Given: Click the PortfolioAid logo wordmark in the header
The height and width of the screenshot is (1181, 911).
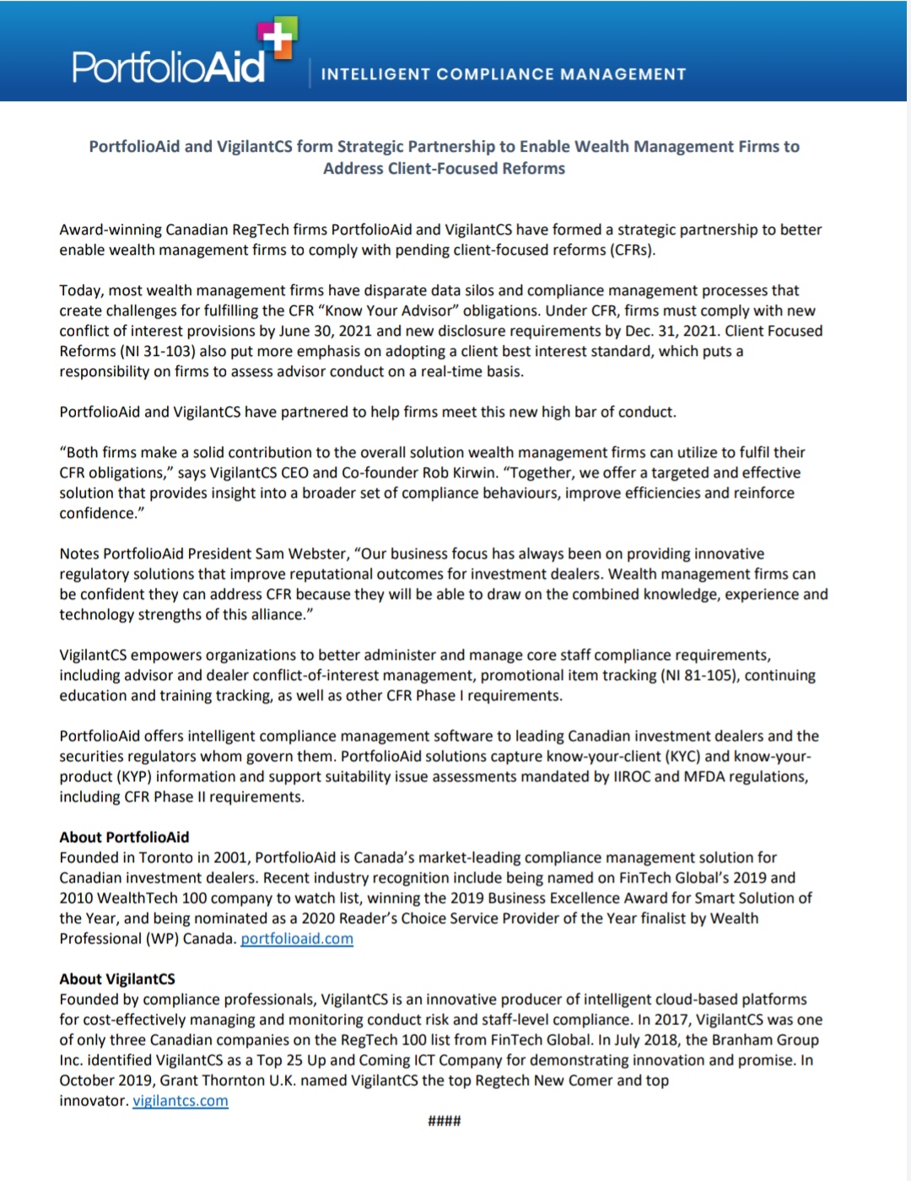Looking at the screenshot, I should tap(169, 67).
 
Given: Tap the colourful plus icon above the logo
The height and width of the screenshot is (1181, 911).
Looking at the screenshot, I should tap(278, 39).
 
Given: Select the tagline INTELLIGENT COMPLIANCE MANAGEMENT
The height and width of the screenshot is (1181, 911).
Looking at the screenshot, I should tap(504, 74).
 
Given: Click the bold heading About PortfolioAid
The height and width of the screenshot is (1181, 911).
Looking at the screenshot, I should tap(124, 837).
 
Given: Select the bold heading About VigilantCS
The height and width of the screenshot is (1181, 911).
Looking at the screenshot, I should tap(117, 979).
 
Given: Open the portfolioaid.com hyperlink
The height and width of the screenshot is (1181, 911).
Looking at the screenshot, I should tap(297, 938).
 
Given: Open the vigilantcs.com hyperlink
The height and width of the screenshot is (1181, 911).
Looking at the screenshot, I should tap(181, 1100).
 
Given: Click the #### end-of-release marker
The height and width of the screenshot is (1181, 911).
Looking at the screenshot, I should tap(445, 1120).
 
